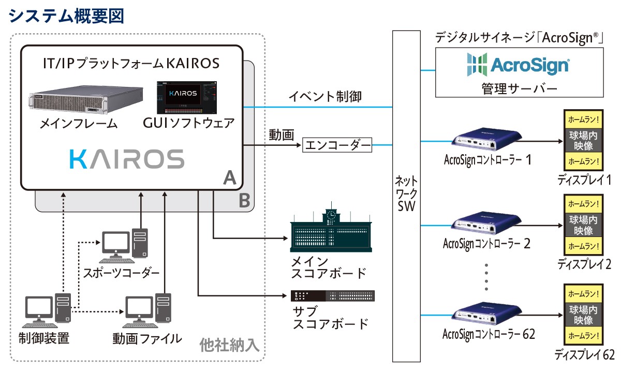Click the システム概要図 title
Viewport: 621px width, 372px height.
[x=66, y=16]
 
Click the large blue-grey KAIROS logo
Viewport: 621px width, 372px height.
[x=127, y=159]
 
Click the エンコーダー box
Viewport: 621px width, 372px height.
[x=337, y=145]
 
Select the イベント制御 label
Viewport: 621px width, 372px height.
[x=324, y=96]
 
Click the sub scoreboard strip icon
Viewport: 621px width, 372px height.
[x=332, y=296]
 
